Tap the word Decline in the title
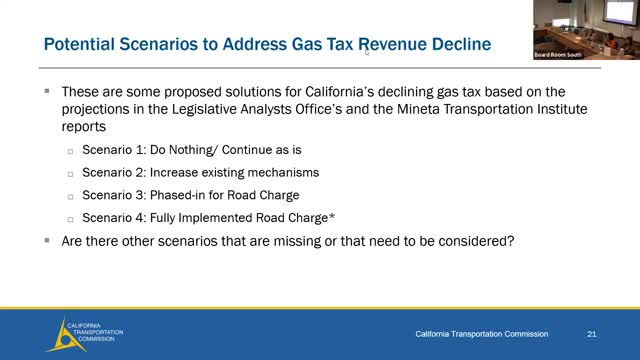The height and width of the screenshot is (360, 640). click(466, 45)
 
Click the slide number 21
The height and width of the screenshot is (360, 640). click(592, 332)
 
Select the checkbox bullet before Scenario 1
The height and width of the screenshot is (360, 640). click(70, 151)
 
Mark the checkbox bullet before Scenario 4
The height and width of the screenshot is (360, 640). click(70, 218)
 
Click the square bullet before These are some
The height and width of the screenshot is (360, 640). click(47, 91)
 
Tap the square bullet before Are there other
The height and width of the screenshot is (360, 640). click(47, 241)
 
